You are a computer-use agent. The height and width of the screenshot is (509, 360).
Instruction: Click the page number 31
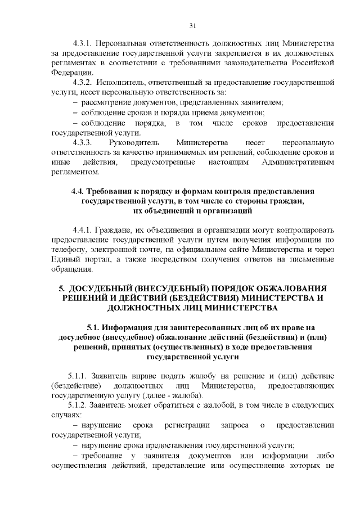click(192, 25)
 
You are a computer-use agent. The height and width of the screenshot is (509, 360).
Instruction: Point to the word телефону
click(69, 249)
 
